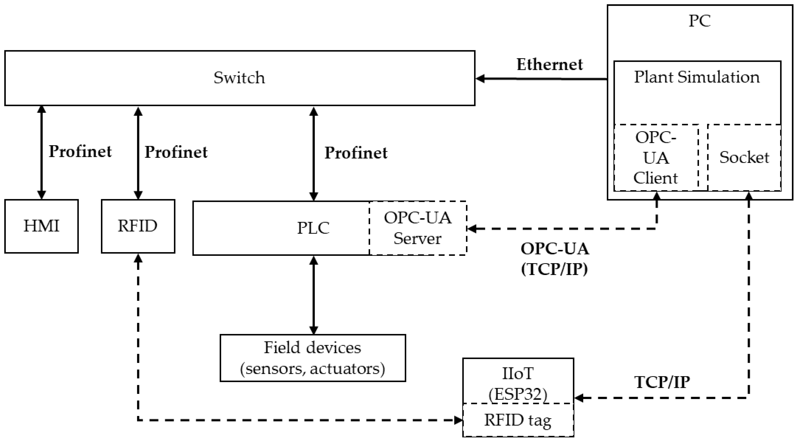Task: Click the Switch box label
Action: pyautogui.click(x=239, y=78)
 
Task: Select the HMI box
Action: pyautogui.click(x=41, y=226)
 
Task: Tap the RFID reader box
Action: pyautogui.click(x=138, y=226)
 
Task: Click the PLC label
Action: pyautogui.click(x=313, y=228)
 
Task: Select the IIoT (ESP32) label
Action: pyautogui.click(x=518, y=383)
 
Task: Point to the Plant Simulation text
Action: pyautogui.click(x=697, y=77)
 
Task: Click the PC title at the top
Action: pyautogui.click(x=700, y=21)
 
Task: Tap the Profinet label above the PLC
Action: pyautogui.click(x=356, y=153)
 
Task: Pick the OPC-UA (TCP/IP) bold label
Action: pyautogui.click(x=555, y=259)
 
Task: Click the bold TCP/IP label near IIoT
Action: pyautogui.click(x=662, y=382)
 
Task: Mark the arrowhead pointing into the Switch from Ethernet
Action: pyautogui.click(x=479, y=79)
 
